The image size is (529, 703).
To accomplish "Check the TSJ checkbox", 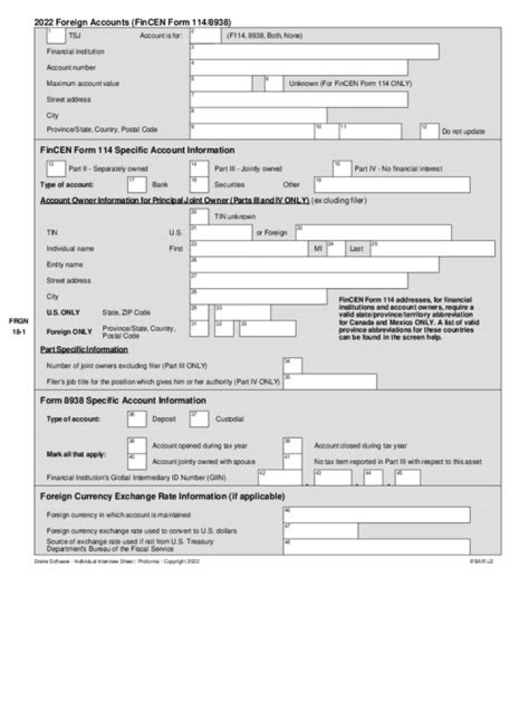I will tap(55, 35).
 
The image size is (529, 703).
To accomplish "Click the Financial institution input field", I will tap(314, 51).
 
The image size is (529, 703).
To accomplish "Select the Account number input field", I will tap(298, 68).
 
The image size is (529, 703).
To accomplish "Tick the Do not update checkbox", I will tap(429, 131).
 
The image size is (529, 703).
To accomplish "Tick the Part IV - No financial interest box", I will tap(342, 168).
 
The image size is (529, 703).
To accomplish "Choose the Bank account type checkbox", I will tap(136, 184).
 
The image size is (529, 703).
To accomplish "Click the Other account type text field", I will tap(392, 184).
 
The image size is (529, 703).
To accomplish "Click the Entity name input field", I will tap(314, 264).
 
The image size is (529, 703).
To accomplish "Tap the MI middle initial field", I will tap(336, 248).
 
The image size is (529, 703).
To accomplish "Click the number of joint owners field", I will tap(292, 365).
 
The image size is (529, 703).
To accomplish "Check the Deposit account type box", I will tap(136, 419).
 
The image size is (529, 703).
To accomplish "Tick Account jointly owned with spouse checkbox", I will tap(136, 461).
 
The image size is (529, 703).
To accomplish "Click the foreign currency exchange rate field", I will tap(320, 530).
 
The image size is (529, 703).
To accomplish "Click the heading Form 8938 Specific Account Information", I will tap(123, 400).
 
